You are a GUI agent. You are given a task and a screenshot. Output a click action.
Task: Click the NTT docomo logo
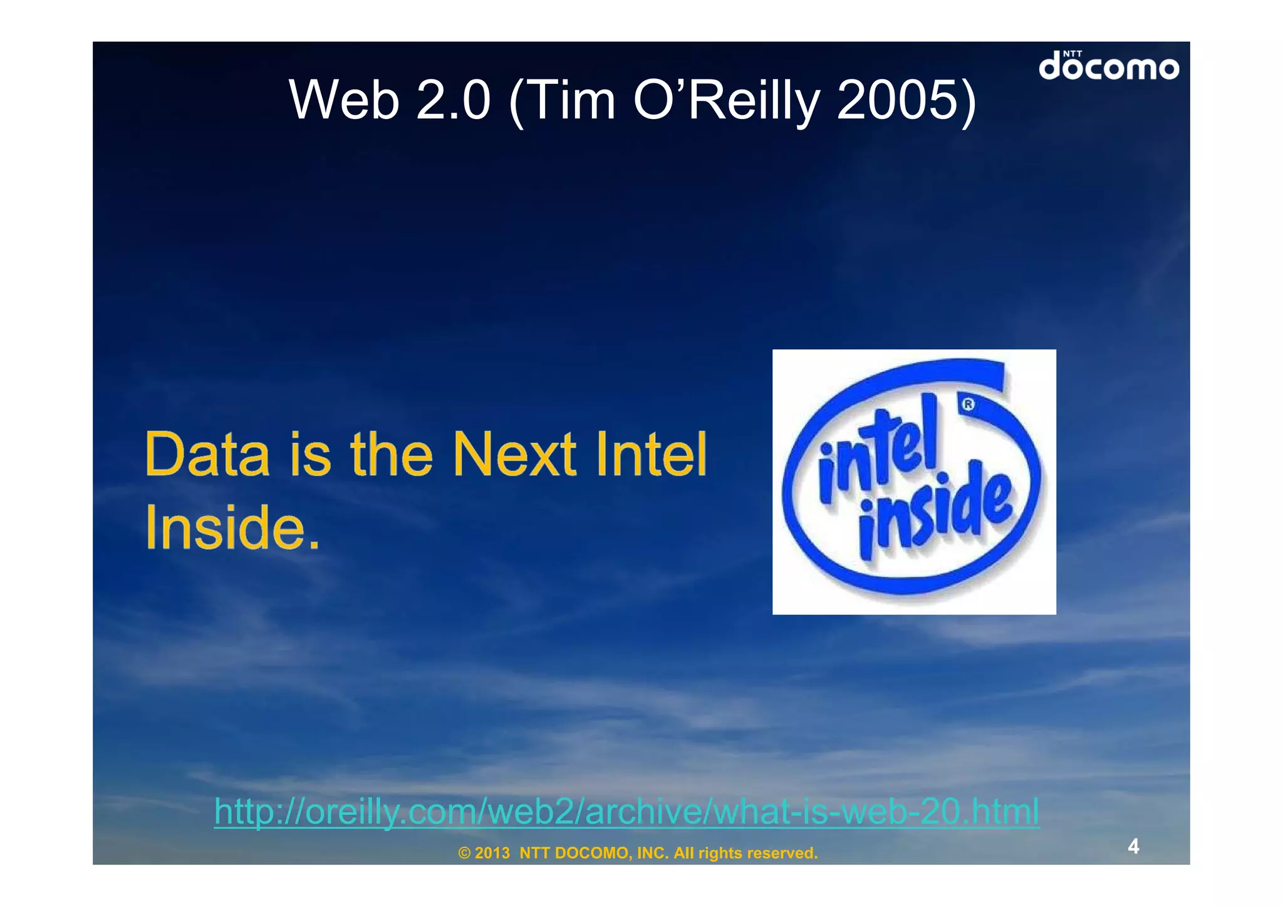point(1108,66)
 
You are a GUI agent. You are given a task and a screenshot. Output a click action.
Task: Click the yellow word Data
point(207,454)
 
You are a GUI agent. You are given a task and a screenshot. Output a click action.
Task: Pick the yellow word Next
point(514,454)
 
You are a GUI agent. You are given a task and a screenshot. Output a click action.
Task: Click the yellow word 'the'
point(392,454)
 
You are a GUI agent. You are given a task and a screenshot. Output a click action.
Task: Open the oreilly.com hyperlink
point(626,812)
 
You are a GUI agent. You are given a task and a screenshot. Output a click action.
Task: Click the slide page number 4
point(1133,846)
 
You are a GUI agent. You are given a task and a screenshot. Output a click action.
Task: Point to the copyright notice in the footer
point(638,853)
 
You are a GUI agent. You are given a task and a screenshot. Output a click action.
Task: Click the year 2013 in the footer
point(492,853)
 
